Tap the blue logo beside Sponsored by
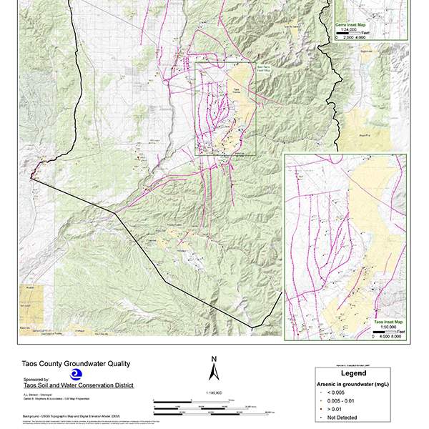[75, 375]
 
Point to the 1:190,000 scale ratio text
[212, 393]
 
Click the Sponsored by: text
[36, 380]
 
